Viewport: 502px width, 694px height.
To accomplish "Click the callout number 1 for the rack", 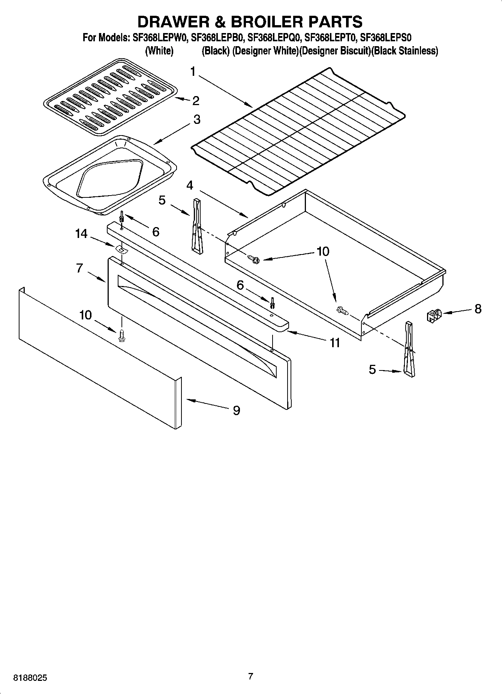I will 193,71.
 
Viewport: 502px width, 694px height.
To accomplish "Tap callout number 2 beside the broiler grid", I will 195,101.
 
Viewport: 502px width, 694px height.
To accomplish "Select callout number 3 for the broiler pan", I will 196,120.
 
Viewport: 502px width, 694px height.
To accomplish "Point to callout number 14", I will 81,234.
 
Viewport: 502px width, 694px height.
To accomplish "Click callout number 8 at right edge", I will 478,309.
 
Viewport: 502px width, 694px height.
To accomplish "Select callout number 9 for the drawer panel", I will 236,410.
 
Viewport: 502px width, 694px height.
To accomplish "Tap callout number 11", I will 334,342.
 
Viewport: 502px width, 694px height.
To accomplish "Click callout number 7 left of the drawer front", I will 79,268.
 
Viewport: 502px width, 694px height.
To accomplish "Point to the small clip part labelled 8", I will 433,316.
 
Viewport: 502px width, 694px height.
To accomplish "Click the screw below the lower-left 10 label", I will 121,335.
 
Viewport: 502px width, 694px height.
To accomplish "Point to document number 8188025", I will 30,678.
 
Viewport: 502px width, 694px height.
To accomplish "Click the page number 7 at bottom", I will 251,676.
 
